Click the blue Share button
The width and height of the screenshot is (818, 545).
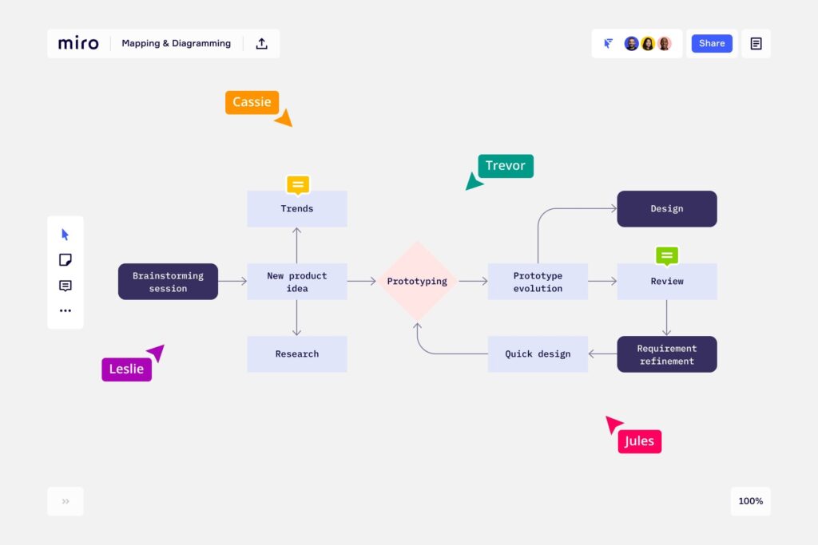coord(712,43)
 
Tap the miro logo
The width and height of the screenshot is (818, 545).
coord(78,43)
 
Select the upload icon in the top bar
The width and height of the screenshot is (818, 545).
coord(261,43)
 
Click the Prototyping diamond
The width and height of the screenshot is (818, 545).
coord(417,282)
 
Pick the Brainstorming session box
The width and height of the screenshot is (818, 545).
coord(168,282)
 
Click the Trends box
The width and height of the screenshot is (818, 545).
coord(297,208)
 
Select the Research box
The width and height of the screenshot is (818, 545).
coord(297,353)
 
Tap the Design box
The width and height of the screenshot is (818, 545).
coord(667,208)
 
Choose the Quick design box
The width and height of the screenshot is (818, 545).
coord(538,353)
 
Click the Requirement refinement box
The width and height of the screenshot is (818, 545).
coord(667,353)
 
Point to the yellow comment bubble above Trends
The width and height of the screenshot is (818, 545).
coord(298,184)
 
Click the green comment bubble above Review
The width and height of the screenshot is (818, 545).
coord(667,256)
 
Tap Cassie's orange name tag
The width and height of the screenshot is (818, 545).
coord(252,102)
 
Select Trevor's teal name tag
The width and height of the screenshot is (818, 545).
coord(506,166)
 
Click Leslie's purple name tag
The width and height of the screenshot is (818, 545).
coord(127,369)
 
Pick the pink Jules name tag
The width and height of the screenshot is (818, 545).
coord(640,441)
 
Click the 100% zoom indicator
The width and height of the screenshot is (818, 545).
coord(751,501)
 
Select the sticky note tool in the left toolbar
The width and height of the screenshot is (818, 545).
coord(66,259)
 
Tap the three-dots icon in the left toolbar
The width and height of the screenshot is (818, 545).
coord(66,310)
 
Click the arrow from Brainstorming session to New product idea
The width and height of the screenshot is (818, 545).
coord(232,282)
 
